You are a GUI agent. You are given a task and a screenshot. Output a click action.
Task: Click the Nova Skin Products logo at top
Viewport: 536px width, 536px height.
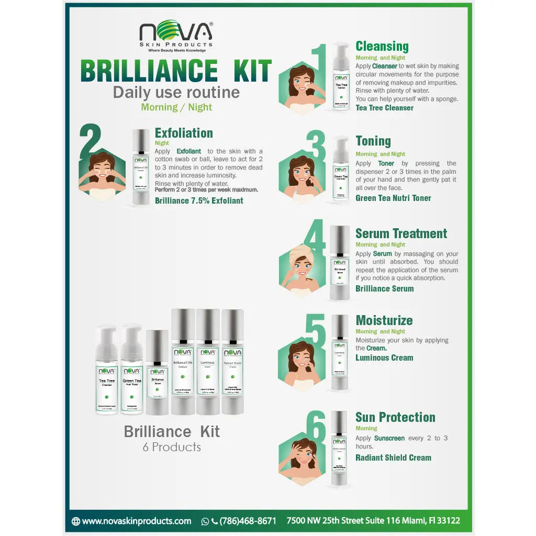point(176,36)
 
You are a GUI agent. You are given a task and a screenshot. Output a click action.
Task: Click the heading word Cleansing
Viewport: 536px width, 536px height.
point(382,46)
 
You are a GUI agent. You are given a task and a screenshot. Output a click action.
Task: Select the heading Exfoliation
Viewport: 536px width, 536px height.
point(184,133)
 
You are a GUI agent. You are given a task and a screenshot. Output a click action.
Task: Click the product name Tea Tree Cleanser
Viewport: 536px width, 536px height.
point(385,108)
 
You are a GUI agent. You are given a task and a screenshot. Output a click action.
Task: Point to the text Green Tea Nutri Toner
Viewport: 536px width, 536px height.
point(393,198)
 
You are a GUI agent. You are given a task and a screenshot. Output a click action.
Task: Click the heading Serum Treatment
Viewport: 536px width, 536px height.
point(401,233)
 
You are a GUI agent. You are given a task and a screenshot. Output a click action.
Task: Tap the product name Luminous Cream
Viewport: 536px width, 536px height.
point(384,358)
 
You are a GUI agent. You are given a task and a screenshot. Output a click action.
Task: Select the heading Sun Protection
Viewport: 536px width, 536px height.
point(395,417)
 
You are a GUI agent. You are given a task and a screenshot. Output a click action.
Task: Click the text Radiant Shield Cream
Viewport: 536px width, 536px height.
point(393,457)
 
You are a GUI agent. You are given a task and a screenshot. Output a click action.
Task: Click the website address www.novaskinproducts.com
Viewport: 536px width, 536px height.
point(137,521)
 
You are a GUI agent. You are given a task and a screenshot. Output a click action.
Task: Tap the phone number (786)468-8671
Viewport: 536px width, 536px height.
point(248,521)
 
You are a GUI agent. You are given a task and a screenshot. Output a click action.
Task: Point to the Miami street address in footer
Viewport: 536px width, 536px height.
point(373,521)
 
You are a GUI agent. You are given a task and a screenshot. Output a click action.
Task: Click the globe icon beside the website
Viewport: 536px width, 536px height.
point(76,521)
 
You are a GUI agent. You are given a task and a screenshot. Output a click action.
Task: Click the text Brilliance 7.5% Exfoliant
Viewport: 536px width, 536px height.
point(199,200)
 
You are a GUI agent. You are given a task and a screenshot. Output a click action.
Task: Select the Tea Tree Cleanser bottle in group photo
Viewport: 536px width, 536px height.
point(107,370)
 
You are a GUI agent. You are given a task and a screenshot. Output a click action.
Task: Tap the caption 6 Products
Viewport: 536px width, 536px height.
point(172,447)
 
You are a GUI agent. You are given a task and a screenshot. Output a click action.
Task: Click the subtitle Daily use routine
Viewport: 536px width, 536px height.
point(176,93)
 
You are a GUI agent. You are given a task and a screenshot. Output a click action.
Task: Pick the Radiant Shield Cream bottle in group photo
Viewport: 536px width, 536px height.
point(232,361)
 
